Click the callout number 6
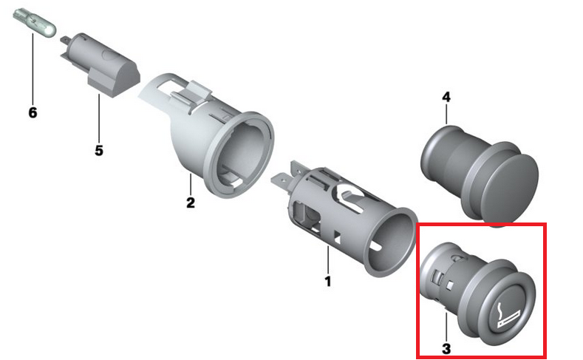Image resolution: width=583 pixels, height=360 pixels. tap(33, 112)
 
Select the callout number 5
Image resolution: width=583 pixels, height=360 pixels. tap(98, 151)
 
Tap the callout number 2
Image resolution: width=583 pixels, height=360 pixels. tap(191, 203)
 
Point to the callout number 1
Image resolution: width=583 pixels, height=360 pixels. tap(327, 281)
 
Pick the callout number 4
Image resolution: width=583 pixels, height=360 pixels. tap(446, 98)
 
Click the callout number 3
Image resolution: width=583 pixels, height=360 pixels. tap(446, 349)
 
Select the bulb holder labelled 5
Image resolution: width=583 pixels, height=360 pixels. tap(100, 65)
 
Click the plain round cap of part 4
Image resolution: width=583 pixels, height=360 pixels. tap(511, 183)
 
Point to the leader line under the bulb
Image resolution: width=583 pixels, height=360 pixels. tap(33, 69)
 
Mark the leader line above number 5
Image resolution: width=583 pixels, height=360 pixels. tap(99, 119)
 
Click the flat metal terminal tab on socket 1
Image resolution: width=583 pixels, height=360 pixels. tap(282, 183)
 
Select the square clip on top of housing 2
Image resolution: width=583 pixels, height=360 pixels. tap(199, 92)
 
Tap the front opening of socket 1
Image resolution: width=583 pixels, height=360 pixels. tap(389, 242)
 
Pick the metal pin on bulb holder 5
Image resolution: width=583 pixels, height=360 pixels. tap(66, 40)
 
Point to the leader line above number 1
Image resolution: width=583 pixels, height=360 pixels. tap(327, 260)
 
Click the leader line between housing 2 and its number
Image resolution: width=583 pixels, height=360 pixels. tap(191, 185)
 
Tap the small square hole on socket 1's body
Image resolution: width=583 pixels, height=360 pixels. tap(338, 237)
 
